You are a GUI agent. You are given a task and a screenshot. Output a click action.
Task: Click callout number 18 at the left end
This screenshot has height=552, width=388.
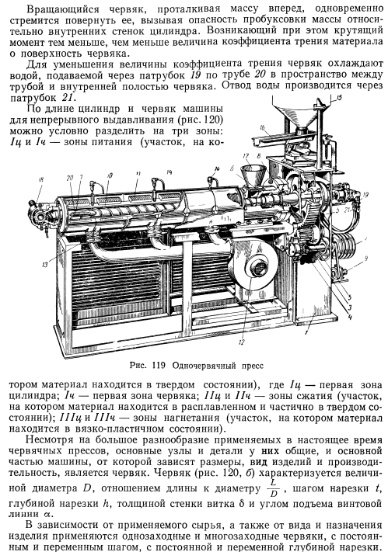tap(41, 180)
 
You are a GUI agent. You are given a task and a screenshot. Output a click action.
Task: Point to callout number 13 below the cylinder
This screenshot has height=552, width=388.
tap(45, 265)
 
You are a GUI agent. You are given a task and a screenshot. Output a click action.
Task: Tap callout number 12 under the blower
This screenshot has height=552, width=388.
tap(241, 342)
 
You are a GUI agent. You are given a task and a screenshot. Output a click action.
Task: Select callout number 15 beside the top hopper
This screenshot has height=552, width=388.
tap(339, 99)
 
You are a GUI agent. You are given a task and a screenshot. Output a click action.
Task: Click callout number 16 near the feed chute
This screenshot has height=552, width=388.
tap(262, 127)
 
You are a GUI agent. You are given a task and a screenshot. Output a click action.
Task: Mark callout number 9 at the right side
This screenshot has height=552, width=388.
tap(365, 259)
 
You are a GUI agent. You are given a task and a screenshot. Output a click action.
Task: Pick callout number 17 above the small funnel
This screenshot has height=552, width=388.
tap(246, 156)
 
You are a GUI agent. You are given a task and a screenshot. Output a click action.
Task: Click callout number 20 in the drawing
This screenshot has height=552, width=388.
tap(70, 178)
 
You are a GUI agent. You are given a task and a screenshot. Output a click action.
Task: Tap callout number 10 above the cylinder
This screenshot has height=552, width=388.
tap(110, 175)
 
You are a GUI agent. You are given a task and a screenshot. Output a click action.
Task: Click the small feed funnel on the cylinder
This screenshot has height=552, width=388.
tap(253, 175)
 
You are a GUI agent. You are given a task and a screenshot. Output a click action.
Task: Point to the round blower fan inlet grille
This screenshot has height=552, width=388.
tap(259, 269)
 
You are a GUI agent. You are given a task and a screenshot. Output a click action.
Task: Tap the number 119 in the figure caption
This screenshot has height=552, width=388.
tap(159, 366)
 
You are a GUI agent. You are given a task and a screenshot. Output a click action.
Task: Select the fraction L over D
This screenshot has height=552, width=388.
tap(274, 488)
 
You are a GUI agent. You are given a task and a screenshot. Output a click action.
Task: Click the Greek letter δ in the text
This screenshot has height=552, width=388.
tap(241, 503)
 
